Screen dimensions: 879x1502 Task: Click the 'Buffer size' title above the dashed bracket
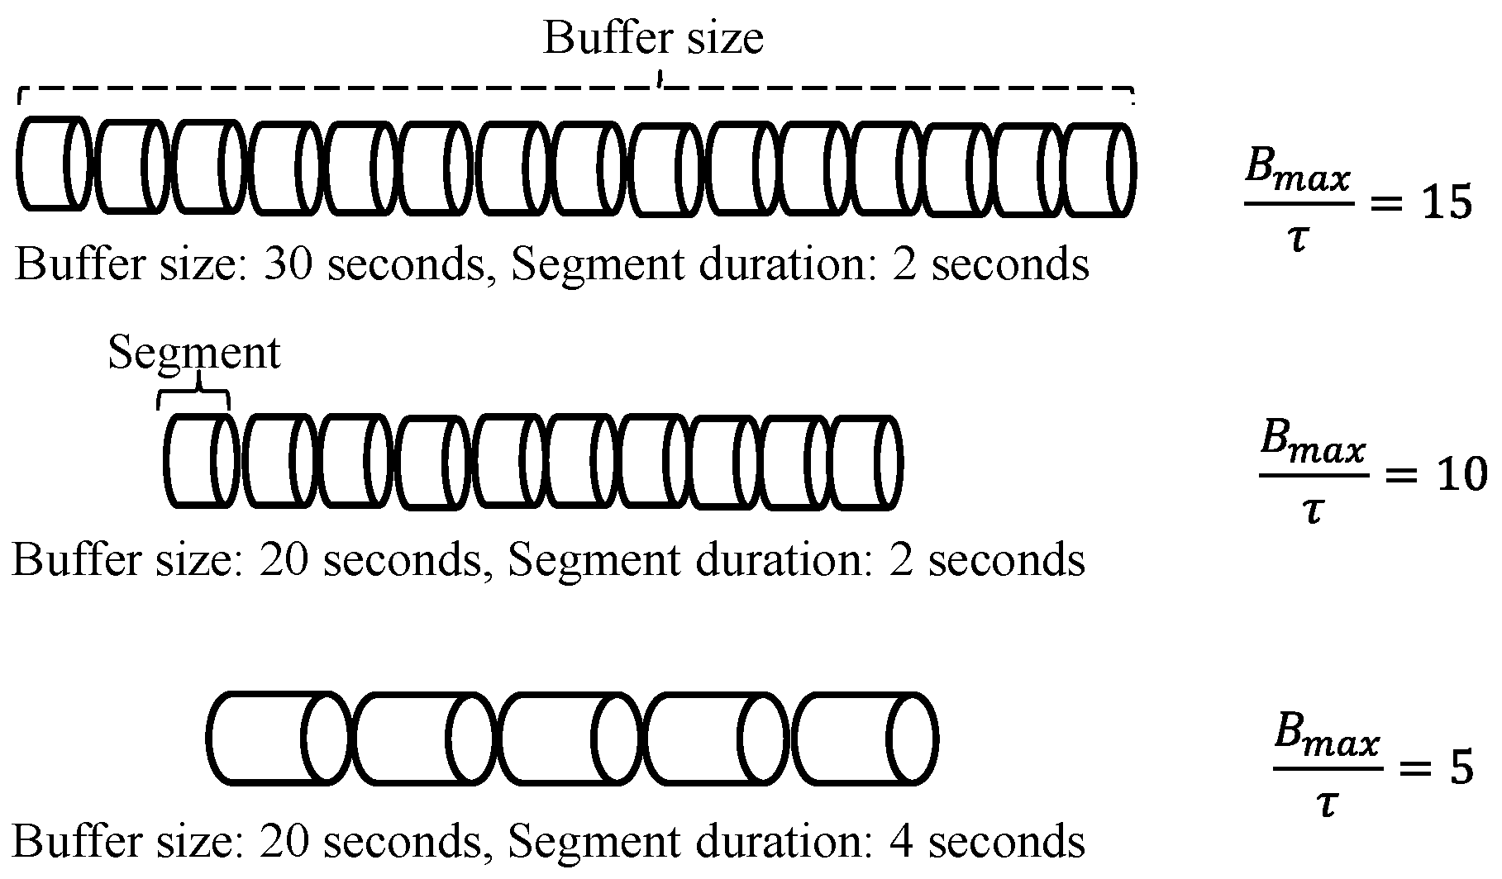(653, 38)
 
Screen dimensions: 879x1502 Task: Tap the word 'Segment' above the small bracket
(194, 353)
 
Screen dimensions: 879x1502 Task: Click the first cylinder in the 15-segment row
(51, 164)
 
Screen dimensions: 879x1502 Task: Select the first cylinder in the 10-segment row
(201, 461)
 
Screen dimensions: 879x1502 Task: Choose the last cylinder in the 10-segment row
(865, 463)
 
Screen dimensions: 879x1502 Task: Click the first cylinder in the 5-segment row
(277, 737)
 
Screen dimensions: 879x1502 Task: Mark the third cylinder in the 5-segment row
(569, 738)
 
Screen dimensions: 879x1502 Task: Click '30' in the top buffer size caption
(287, 265)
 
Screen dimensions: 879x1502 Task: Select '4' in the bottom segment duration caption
(902, 841)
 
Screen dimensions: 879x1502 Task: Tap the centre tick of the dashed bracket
(659, 80)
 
